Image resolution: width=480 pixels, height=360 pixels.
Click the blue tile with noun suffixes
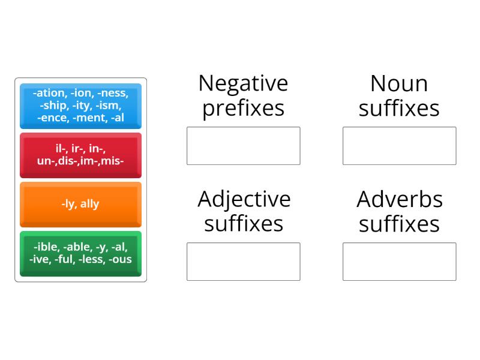click(80, 106)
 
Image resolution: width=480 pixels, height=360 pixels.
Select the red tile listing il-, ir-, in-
click(80, 155)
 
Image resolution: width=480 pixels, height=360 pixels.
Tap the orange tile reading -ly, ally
click(80, 204)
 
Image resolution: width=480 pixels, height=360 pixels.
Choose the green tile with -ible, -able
click(80, 253)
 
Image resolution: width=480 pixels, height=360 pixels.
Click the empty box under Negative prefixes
click(243, 146)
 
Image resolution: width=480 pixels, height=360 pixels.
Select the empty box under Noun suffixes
click(399, 146)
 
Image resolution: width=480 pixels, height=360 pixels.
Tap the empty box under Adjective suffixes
click(243, 262)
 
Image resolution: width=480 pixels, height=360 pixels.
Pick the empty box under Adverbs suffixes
click(399, 262)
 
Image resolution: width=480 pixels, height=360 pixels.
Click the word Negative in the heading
click(243, 83)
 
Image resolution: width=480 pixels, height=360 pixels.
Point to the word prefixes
click(243, 109)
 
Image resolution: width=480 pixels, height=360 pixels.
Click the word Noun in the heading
click(399, 83)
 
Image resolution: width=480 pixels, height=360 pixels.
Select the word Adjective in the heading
click(243, 199)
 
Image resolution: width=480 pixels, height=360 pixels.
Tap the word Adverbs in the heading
click(399, 199)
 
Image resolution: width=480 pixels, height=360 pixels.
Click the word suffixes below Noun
click(399, 109)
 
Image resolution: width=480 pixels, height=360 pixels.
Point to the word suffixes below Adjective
click(243, 224)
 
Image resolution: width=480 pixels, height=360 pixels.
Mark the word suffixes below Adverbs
click(399, 224)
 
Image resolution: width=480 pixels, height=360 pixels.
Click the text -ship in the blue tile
click(53, 106)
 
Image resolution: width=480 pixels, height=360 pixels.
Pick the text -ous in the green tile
click(120, 259)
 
